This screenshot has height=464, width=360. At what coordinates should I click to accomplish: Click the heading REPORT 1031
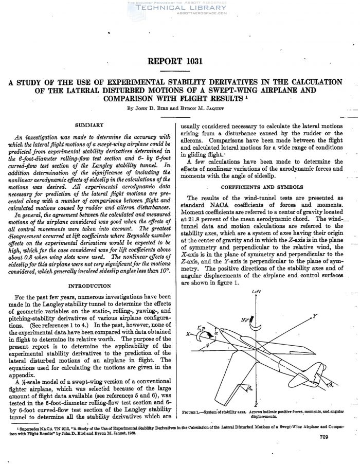coord(175,62)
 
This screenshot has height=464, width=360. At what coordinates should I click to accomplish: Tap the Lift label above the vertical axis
coord(257,292)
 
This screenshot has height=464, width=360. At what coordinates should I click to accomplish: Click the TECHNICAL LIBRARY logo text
coord(179,9)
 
